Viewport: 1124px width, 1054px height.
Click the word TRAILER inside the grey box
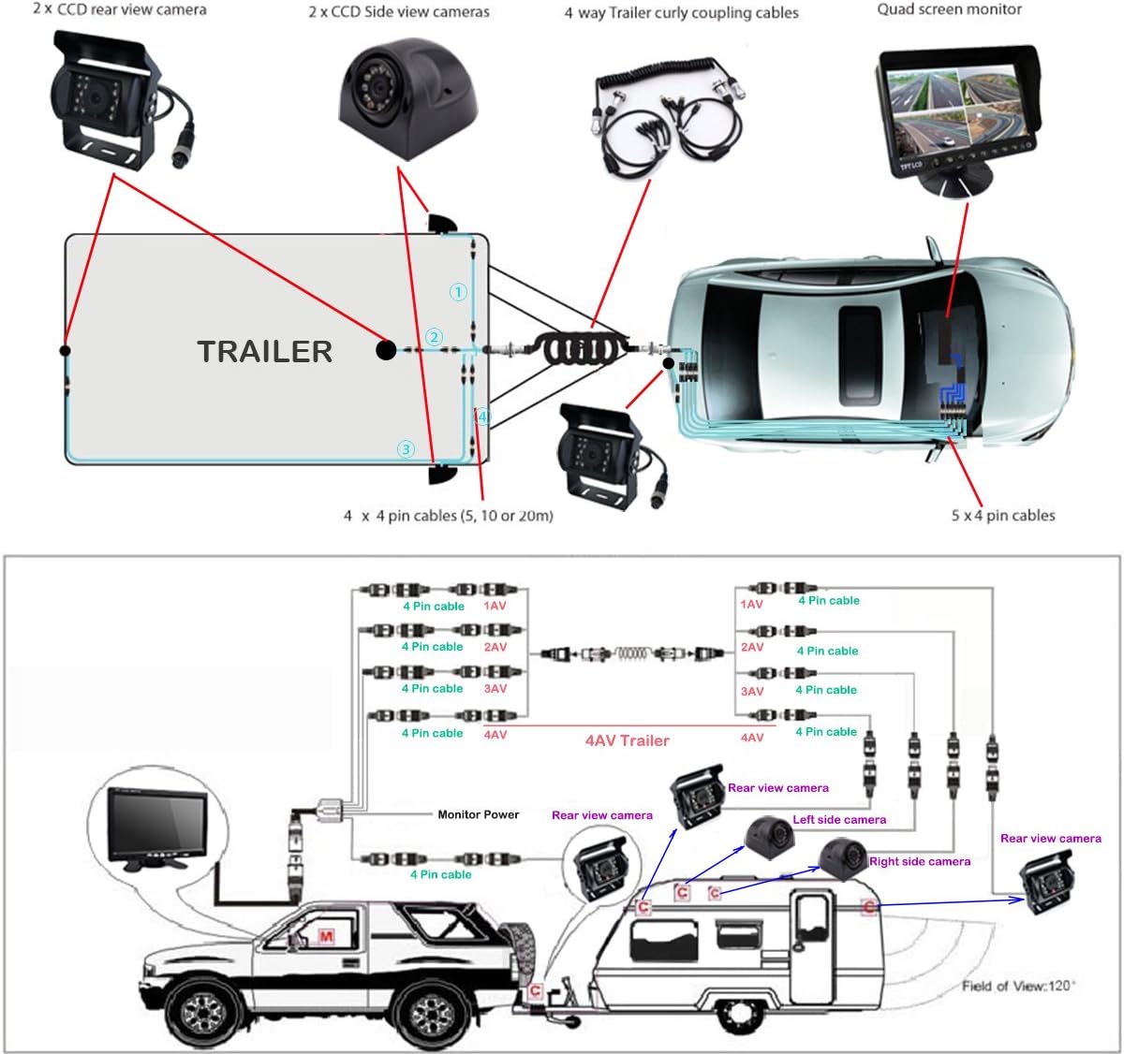264,351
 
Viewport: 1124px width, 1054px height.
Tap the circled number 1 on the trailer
458,292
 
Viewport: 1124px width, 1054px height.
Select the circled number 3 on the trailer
406,449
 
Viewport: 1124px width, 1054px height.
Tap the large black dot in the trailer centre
385,350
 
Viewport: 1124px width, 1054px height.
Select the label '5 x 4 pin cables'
1003,515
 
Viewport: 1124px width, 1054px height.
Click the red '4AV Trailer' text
627,740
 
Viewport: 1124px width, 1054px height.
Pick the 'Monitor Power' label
478,814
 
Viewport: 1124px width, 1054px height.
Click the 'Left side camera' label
839,819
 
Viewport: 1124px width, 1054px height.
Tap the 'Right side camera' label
920,861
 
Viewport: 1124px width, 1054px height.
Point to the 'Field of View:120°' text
1019,986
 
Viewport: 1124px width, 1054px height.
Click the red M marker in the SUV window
326,937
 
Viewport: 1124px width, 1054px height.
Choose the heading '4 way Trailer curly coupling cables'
681,13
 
